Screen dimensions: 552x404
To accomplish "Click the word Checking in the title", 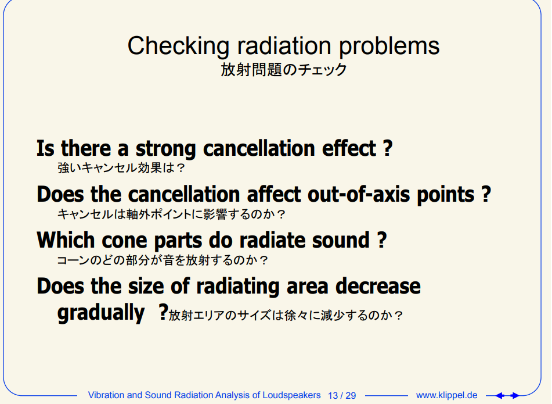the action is [178, 47].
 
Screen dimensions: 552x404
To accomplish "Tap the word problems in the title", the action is [389, 47].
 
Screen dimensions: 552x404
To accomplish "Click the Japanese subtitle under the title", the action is [284, 69].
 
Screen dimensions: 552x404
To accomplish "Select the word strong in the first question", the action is [165, 149].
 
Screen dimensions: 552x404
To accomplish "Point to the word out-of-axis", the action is [359, 194].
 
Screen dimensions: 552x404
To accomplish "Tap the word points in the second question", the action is [446, 195].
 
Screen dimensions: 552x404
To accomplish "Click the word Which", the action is [66, 240].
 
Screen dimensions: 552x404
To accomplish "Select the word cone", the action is [124, 241].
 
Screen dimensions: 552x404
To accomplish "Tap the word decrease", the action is [378, 286].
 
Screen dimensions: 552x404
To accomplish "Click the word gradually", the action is [101, 313].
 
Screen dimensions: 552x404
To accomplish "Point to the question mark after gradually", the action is [163, 312].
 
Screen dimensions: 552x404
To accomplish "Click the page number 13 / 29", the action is [342, 395].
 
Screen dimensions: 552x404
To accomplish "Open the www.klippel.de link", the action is [447, 395].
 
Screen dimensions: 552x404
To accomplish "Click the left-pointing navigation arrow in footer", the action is [500, 396].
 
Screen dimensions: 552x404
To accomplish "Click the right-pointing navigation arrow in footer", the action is [515, 396].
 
